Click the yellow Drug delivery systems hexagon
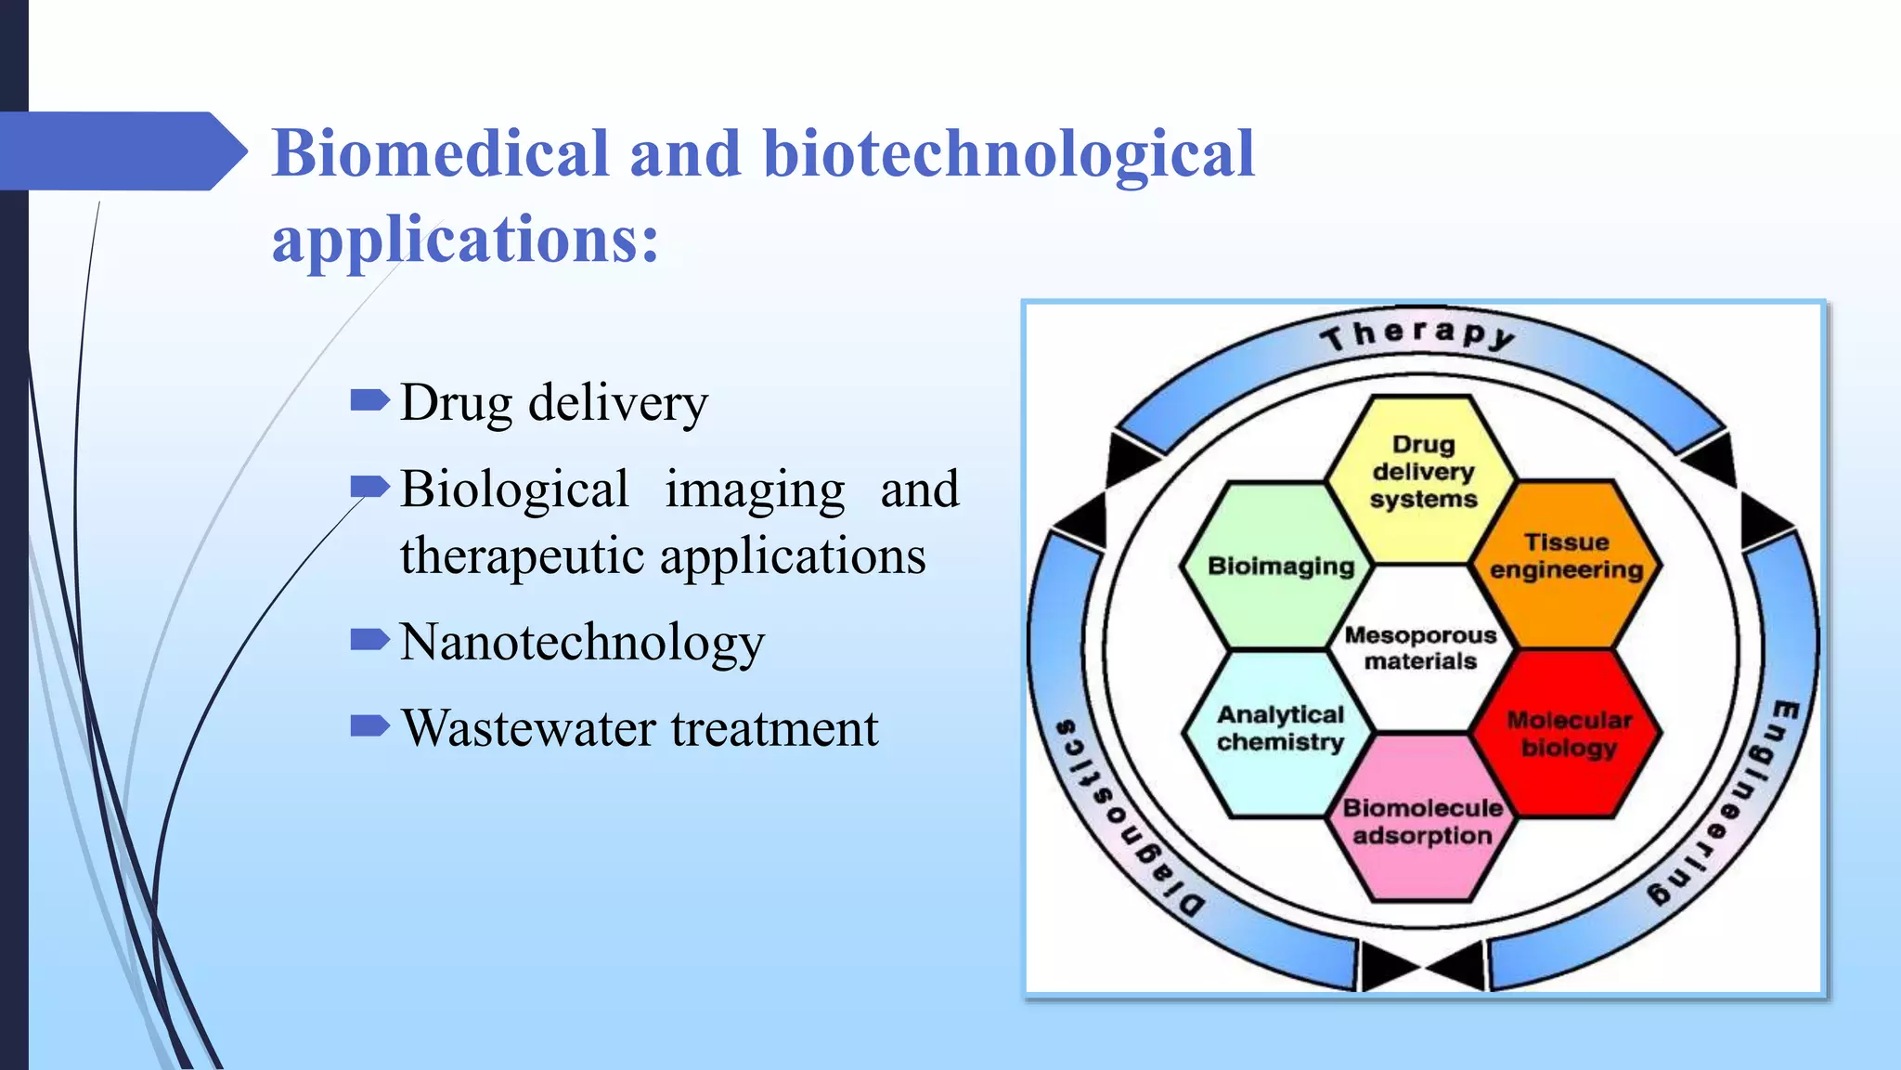point(1422,474)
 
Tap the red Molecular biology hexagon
point(1568,734)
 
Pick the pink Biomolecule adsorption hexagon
point(1422,822)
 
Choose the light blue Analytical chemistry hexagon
point(1280,729)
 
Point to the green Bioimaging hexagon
point(1280,566)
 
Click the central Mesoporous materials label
point(1420,648)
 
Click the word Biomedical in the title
point(441,153)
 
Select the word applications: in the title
point(465,239)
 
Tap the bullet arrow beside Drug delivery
point(369,400)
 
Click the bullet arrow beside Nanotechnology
point(369,639)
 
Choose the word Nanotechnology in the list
point(582,642)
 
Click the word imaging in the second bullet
point(755,489)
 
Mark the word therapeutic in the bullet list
point(522,556)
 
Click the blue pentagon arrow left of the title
point(121,151)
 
